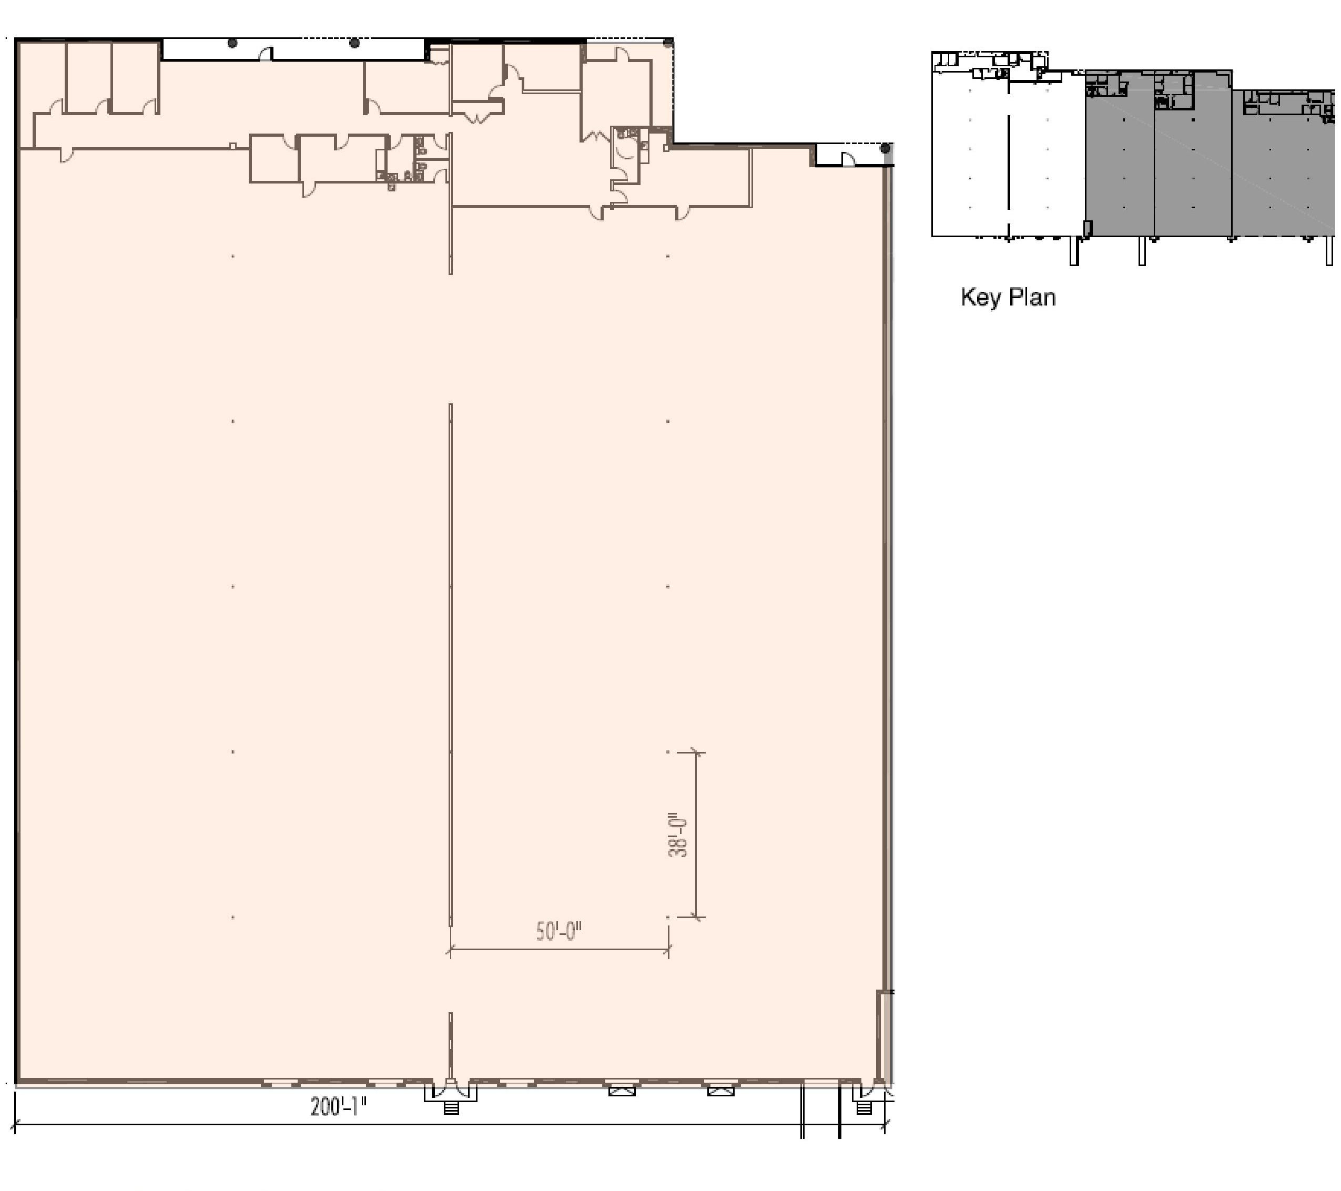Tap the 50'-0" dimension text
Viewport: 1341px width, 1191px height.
click(x=559, y=931)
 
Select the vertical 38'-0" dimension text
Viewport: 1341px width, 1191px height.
click(x=678, y=836)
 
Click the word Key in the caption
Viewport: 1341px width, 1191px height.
click(x=981, y=297)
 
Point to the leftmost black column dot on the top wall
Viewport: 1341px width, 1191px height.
click(x=232, y=43)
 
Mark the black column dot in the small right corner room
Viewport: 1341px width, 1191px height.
click(x=885, y=149)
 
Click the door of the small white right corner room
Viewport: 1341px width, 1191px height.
click(x=848, y=159)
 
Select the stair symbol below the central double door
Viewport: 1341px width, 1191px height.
click(x=451, y=1108)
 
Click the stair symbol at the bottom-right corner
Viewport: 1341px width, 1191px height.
click(x=864, y=1108)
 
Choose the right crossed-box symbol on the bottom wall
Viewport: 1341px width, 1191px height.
click(x=720, y=1091)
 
